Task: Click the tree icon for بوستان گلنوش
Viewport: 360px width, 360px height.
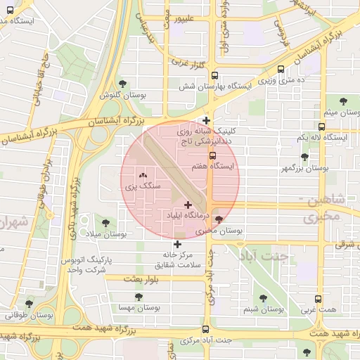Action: (124, 84)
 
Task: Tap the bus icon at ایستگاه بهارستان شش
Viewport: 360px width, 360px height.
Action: (214, 75)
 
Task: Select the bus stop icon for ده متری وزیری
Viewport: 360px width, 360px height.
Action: (281, 70)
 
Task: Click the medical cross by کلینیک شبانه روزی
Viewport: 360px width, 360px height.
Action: (206, 120)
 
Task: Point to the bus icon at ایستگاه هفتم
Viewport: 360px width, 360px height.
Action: (212, 156)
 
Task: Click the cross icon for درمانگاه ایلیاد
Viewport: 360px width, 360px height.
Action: (188, 204)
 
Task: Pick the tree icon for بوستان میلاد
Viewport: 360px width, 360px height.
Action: (97, 223)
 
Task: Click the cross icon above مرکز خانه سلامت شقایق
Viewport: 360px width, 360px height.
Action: (177, 243)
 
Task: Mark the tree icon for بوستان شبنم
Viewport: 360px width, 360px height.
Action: (263, 298)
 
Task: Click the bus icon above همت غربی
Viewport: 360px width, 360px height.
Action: (319, 299)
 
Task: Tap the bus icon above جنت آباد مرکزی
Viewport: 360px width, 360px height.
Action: (206, 329)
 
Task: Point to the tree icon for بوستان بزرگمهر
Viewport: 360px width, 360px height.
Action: (304, 157)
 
